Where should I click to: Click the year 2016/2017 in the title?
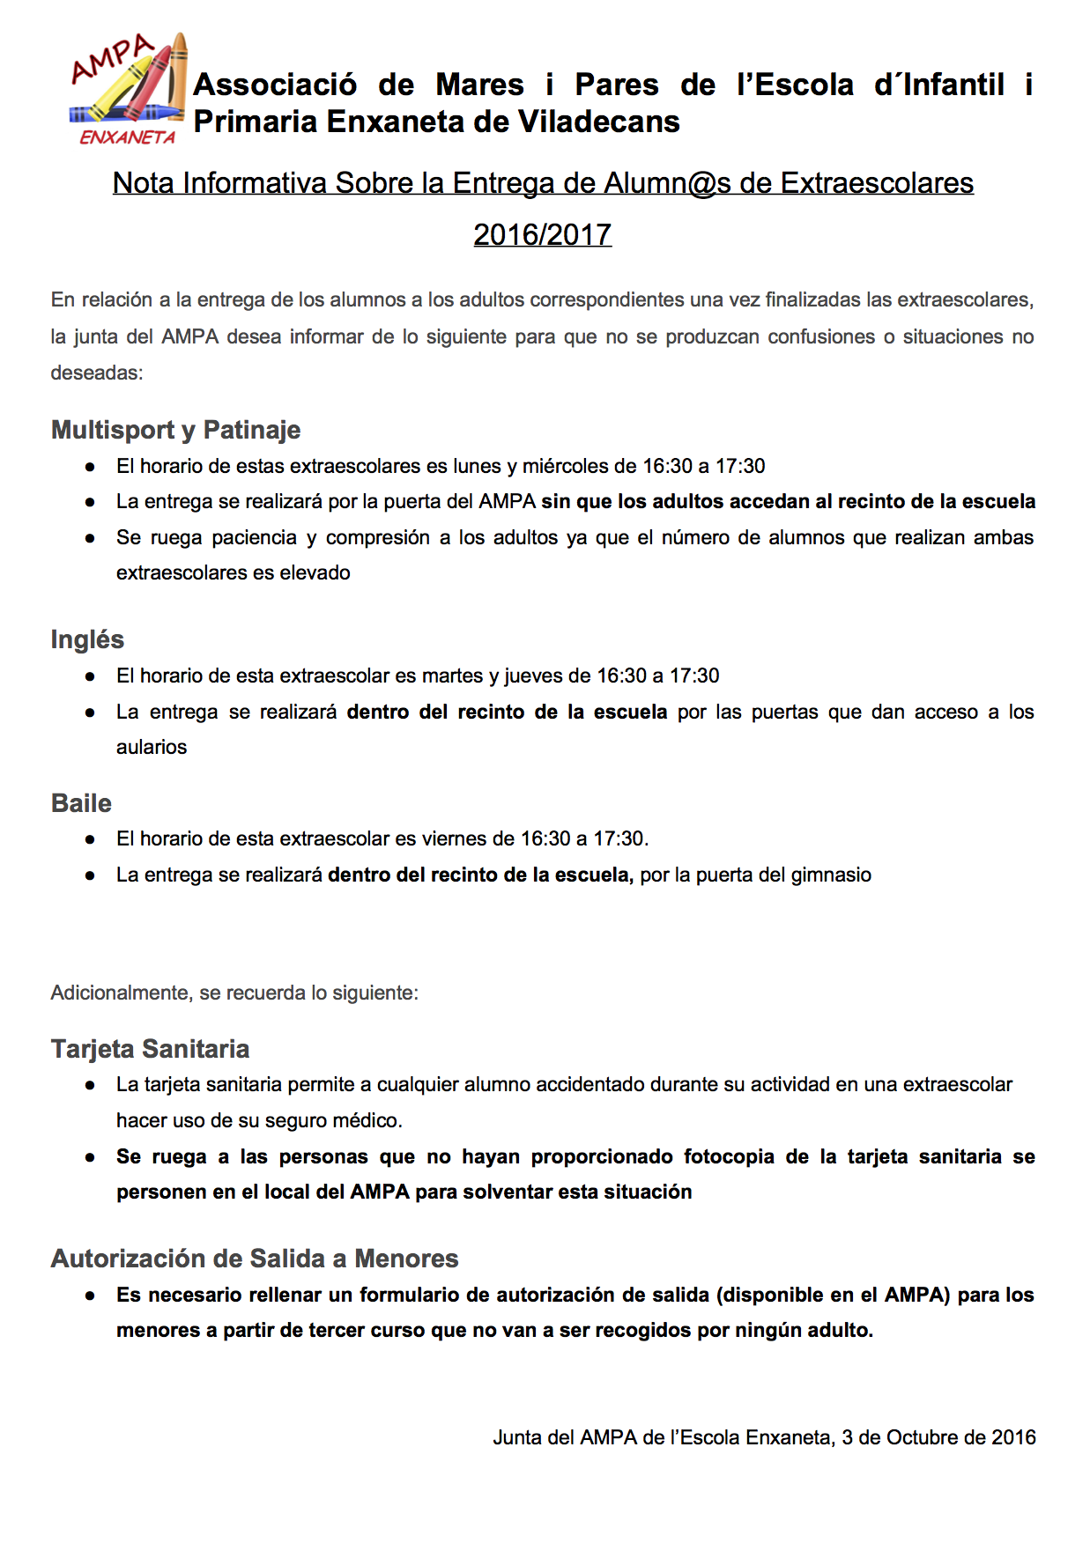pos(542,234)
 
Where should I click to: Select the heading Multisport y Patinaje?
pos(175,430)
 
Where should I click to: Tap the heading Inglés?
pos(87,639)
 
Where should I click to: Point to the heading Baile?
pos(81,803)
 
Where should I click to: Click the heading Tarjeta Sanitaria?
pos(150,1049)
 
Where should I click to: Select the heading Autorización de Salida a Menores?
pos(255,1259)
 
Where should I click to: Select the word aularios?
pos(152,747)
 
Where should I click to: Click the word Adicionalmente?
pos(120,993)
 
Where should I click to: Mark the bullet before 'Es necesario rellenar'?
pos(90,1296)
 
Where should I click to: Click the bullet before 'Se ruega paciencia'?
pos(90,538)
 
